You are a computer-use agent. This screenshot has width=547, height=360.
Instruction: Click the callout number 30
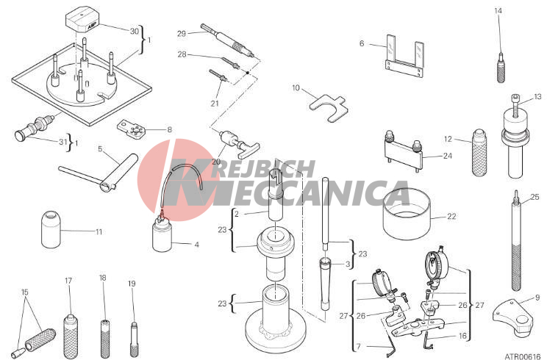pyautogui.click(x=135, y=32)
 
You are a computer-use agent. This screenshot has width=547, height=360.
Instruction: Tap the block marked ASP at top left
pyautogui.click(x=82, y=20)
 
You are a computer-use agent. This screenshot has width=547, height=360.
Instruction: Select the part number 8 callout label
pyautogui.click(x=170, y=129)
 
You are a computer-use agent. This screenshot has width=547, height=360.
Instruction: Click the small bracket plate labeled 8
pyautogui.click(x=131, y=129)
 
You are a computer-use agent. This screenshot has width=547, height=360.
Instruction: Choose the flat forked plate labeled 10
pyautogui.click(x=329, y=107)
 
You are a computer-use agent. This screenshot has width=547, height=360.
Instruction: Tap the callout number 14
pyautogui.click(x=498, y=11)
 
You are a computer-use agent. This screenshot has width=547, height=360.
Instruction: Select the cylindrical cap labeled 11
pyautogui.click(x=51, y=230)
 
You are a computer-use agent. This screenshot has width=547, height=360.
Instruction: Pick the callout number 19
pyautogui.click(x=132, y=284)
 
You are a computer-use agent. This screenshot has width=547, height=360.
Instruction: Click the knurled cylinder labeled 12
pyautogui.click(x=479, y=153)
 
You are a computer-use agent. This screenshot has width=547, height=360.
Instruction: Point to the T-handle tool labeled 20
pyautogui.click(x=240, y=143)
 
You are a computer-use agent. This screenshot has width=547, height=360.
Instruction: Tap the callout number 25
pyautogui.click(x=535, y=197)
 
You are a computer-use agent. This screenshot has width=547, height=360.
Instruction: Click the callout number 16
pyautogui.click(x=462, y=336)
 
